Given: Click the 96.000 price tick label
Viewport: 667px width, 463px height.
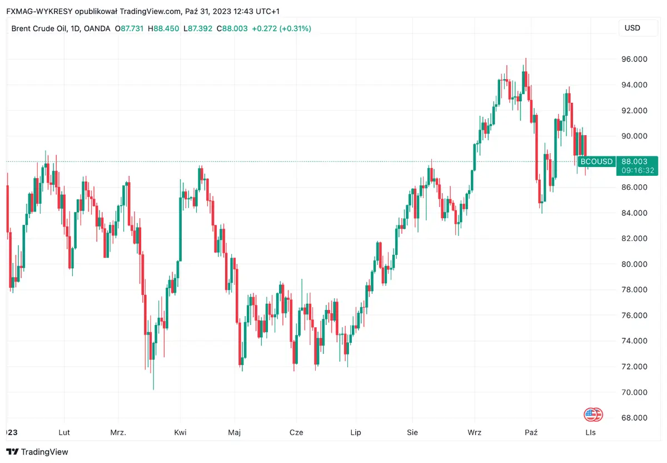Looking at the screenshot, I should (x=634, y=59).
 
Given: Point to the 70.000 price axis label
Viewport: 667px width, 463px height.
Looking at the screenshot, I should (x=634, y=392).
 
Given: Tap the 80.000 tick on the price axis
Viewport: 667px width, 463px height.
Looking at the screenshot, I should (x=634, y=264).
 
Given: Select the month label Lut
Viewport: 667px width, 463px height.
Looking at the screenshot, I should (x=64, y=432).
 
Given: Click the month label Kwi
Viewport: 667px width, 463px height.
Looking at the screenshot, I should (x=180, y=432).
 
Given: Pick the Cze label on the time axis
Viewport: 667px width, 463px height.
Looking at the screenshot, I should (x=296, y=432).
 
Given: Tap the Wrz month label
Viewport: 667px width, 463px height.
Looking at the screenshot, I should (x=475, y=432).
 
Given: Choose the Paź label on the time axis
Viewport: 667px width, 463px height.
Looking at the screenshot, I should (x=531, y=432).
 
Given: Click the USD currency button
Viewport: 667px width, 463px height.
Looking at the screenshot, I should (x=633, y=28).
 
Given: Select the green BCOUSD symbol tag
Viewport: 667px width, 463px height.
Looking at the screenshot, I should (x=596, y=162).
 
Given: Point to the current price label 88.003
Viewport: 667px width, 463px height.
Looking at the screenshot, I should (x=634, y=161).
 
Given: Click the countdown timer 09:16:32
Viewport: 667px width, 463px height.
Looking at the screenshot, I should (x=634, y=170).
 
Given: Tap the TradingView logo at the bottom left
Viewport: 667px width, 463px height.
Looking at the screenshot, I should (x=37, y=452).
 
